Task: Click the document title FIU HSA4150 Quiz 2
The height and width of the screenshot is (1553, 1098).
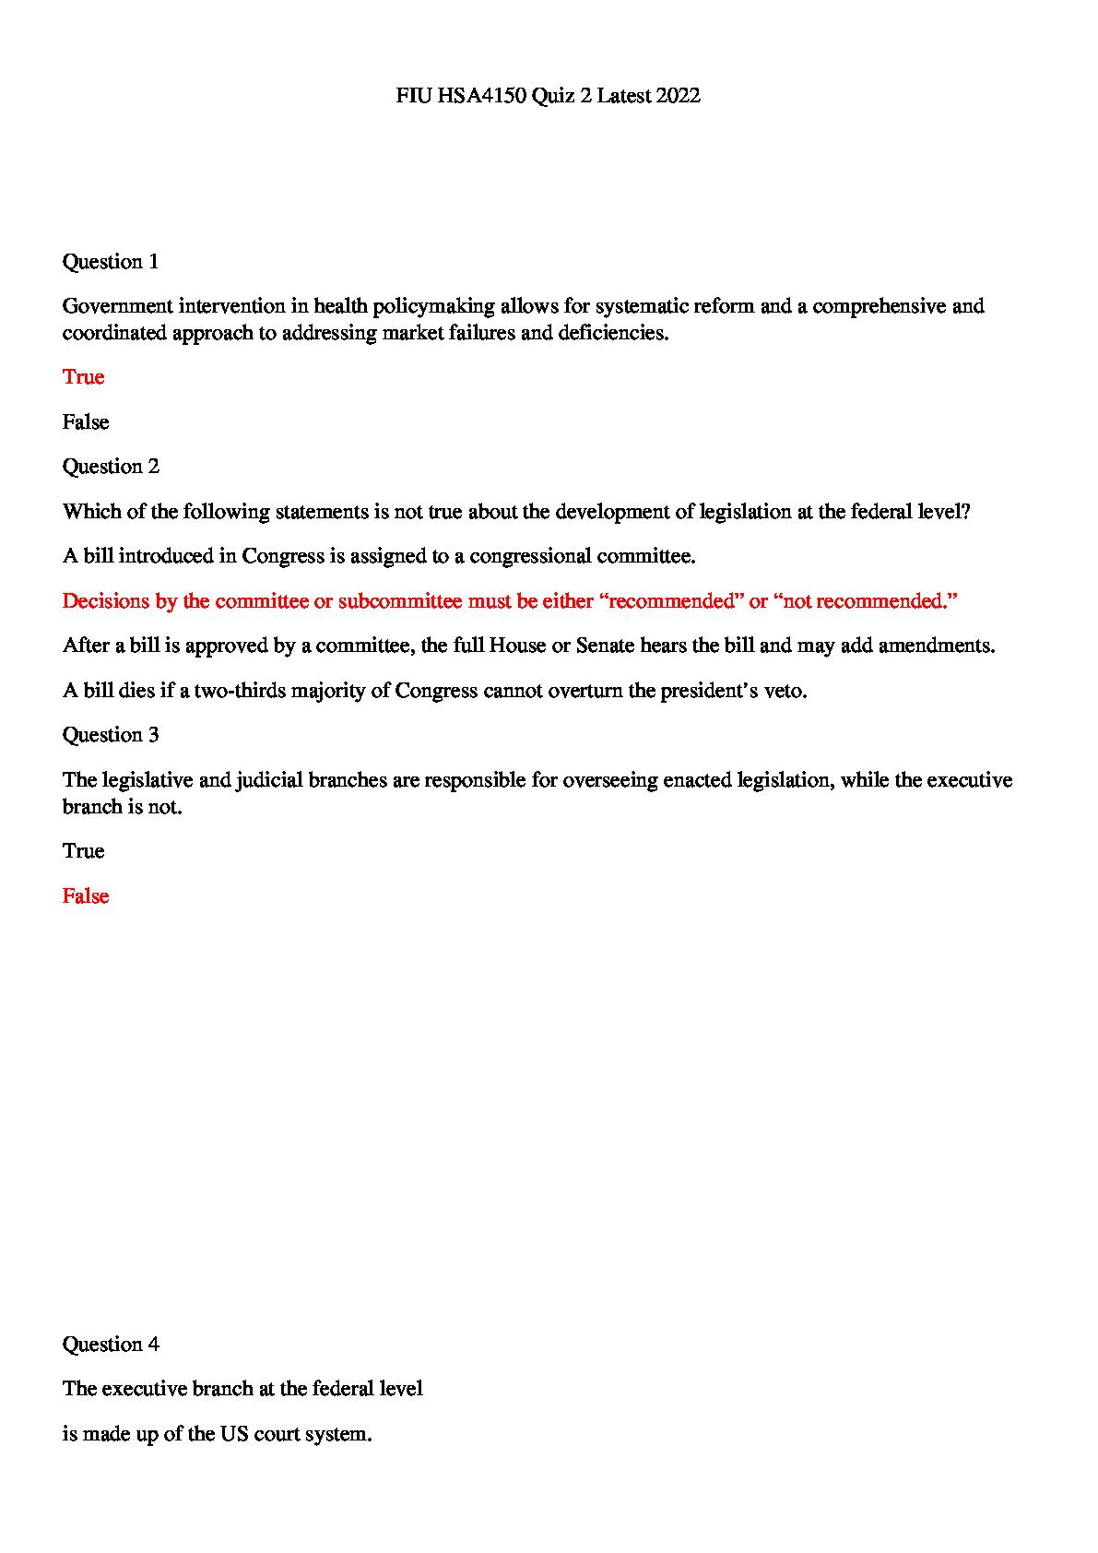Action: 548,96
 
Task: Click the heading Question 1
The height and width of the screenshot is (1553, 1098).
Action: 111,262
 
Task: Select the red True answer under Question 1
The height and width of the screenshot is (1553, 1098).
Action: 83,377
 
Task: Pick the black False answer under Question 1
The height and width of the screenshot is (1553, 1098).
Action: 86,422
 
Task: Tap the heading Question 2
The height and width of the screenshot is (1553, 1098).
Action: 111,467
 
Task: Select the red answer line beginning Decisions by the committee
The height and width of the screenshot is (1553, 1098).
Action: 510,601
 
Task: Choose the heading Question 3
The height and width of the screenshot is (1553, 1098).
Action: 111,735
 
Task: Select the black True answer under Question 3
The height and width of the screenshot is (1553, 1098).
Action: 83,851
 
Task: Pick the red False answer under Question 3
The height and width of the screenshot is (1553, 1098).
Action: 86,896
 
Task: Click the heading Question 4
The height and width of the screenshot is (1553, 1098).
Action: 111,1345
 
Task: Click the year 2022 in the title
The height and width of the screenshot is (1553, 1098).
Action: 678,96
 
